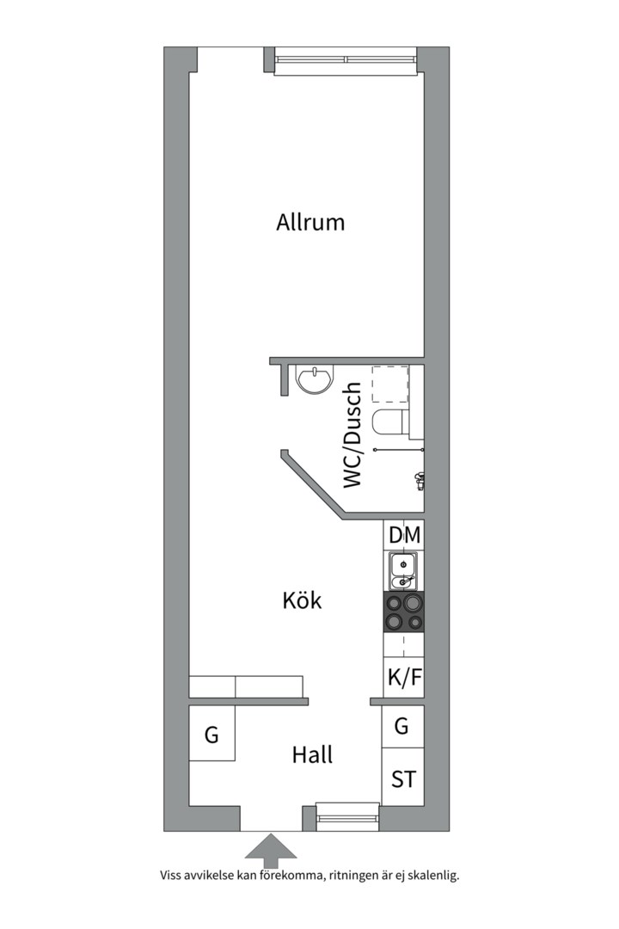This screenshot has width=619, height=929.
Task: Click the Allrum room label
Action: coord(310,222)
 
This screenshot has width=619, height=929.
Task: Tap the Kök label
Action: coord(302,600)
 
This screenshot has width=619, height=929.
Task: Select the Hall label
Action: coord(312,755)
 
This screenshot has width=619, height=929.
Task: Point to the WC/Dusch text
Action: coord(352,435)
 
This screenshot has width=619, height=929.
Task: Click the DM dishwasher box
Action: coord(404,535)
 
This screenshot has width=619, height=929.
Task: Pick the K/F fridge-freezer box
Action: coord(404,677)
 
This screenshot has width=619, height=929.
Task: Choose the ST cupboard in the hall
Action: coord(403,778)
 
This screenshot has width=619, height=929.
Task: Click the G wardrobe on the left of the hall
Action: coord(212,734)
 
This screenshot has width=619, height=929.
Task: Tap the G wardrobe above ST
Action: coord(403,726)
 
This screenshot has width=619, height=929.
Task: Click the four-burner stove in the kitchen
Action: coord(404,612)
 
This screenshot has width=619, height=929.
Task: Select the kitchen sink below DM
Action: coord(403,571)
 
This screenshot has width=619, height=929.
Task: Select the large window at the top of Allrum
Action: coord(346,60)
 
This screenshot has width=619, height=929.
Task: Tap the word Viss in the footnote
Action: coord(170,875)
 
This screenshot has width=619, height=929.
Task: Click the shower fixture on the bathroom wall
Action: coord(420,481)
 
